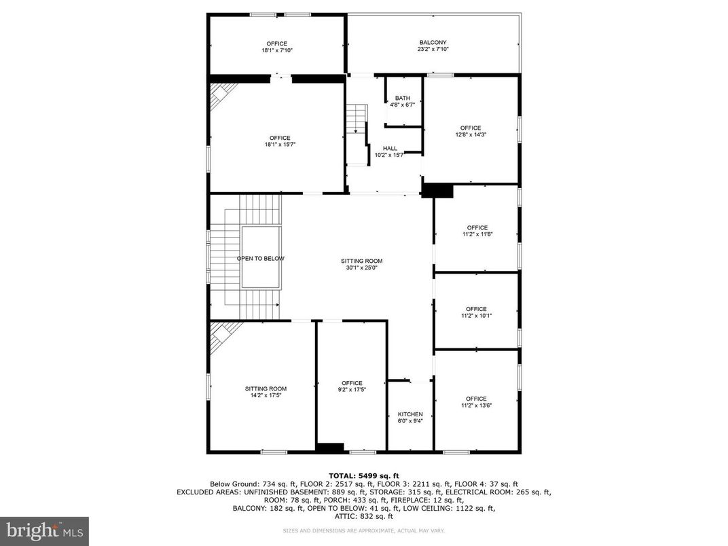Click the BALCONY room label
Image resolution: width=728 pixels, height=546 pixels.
[x=433, y=42]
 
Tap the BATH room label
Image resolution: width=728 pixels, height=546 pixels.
[x=403, y=98]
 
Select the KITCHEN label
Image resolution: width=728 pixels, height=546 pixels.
[x=410, y=414]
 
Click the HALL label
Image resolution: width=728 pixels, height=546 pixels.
[x=390, y=148]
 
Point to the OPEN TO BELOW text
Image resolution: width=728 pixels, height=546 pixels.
[x=261, y=259]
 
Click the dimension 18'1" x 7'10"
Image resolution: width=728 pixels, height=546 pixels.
[x=276, y=50]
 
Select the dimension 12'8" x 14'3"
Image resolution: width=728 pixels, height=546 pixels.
[x=470, y=134]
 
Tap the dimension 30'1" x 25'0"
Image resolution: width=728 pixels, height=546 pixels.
[x=361, y=268]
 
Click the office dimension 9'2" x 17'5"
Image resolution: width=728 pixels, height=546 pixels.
[x=352, y=390]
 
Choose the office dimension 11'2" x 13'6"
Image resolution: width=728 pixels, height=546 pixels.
[x=476, y=405]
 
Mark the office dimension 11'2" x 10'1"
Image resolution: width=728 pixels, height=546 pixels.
[x=476, y=316]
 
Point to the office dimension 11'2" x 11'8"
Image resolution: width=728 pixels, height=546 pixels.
[x=476, y=234]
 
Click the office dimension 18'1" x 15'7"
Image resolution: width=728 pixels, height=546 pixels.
[x=279, y=145]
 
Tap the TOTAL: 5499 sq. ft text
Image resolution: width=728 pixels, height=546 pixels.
[x=364, y=475]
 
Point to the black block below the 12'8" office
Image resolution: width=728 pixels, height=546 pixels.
[x=437, y=191]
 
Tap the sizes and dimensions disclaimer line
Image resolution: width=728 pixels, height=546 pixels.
[x=363, y=530]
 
